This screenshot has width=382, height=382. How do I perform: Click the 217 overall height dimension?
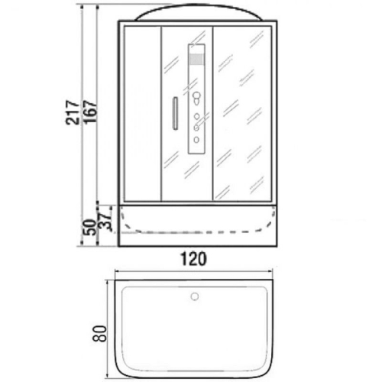pyautogui.click(x=72, y=112)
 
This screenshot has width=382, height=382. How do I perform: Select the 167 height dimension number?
pyautogui.click(x=91, y=112)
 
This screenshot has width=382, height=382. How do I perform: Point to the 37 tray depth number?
pyautogui.click(x=105, y=219)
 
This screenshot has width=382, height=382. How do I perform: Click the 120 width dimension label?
pyautogui.click(x=194, y=259)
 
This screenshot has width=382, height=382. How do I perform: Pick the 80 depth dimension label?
pyautogui.click(x=99, y=334)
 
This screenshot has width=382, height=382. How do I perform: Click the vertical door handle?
pyautogui.click(x=175, y=113)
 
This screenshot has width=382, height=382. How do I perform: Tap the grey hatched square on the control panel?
pyautogui.click(x=196, y=59)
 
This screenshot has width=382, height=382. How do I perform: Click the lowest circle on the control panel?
pyautogui.click(x=196, y=140)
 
